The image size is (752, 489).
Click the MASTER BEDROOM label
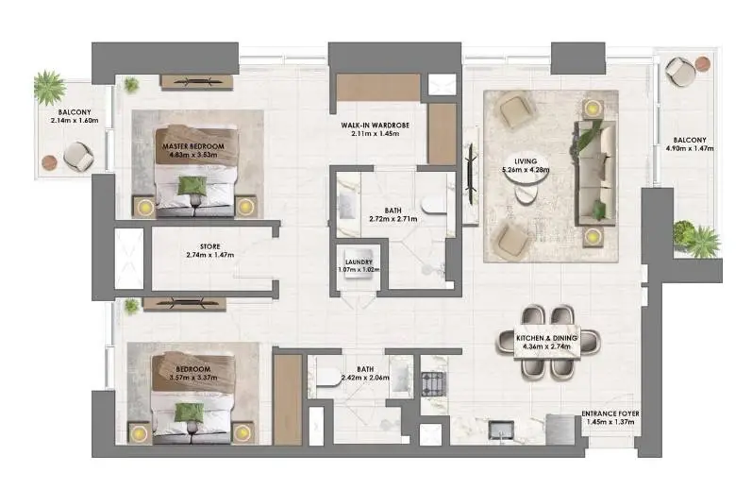[193, 146]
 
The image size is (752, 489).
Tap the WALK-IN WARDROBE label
[375, 126]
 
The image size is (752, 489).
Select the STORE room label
[210, 246]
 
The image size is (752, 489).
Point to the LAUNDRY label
[359, 262]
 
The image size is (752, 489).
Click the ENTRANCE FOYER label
[610, 413]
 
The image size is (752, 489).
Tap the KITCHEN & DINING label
[546, 338]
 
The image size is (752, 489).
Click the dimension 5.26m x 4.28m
[526, 169]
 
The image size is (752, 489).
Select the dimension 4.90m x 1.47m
[690, 148]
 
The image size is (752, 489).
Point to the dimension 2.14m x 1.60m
[75, 121]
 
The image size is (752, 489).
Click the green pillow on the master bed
[192, 186]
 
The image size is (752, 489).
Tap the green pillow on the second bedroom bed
[189, 413]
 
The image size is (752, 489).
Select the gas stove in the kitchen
[433, 384]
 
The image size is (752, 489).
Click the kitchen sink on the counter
[501, 430]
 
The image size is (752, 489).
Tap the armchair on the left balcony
[78, 156]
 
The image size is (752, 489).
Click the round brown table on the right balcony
[703, 63]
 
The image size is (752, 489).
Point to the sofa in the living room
[594, 173]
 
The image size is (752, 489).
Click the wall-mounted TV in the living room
[472, 175]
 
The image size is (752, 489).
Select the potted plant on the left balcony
[49, 88]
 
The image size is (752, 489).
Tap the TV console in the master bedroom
[196, 82]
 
